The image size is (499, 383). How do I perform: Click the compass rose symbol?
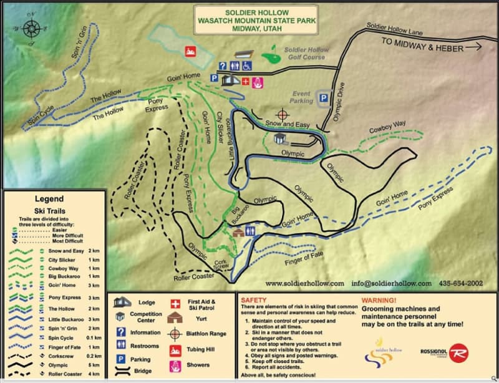point(31,28)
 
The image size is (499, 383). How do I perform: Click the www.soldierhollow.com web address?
point(304,283)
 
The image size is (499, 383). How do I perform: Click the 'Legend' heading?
point(49,199)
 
